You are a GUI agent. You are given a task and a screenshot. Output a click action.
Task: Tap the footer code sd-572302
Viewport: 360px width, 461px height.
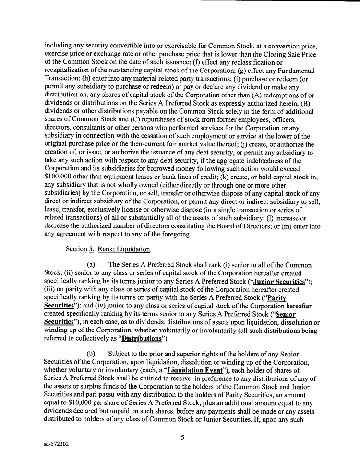[56, 444]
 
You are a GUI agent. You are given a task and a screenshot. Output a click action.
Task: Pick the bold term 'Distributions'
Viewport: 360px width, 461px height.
[144, 339]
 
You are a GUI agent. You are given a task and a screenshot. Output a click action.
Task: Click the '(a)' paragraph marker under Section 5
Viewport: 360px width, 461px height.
[93, 265]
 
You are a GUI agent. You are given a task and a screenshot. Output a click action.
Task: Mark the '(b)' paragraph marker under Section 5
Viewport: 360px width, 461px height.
[93, 354]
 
